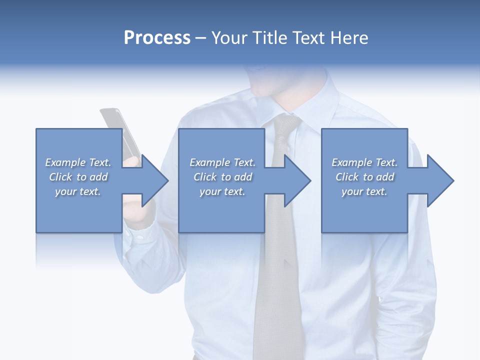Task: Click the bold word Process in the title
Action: [x=157, y=38]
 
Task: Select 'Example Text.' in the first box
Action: [x=78, y=162]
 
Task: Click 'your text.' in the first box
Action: [x=78, y=191]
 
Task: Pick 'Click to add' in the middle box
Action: [x=222, y=177]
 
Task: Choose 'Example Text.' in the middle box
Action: [x=222, y=162]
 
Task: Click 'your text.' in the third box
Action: [x=364, y=191]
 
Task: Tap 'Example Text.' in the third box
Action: [x=364, y=162]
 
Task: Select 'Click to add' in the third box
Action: [x=364, y=177]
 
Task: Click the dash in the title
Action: [x=201, y=38]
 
